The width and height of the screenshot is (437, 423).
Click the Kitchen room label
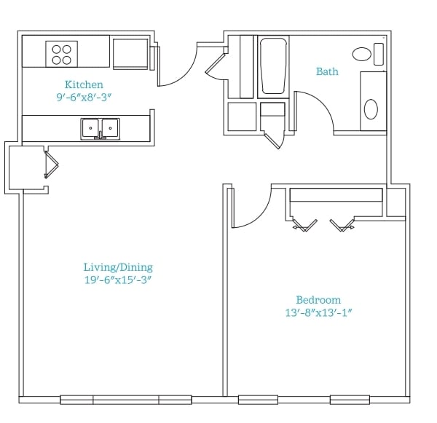pos(84,84)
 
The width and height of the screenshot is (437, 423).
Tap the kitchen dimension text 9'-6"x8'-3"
pos(84,98)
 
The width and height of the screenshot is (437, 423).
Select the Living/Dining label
pos(118,267)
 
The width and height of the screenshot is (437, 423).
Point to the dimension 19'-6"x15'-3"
pos(118,280)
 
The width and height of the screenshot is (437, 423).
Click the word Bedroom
pos(318,300)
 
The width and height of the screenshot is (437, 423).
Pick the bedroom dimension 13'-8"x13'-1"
pos(318,312)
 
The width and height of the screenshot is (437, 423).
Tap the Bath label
pos(327,71)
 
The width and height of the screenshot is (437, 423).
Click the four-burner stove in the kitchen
pos(62,54)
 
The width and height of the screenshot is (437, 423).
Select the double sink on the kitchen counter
pos(101,129)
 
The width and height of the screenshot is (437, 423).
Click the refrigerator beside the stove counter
pos(130,54)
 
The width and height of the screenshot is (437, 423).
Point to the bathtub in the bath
pos(273,66)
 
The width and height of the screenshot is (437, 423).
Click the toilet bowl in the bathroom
pos(362,54)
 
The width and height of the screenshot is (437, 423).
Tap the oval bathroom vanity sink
pos(371,109)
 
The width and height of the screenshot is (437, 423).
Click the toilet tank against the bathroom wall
pos(379,54)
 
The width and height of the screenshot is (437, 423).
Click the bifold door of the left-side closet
pos(51,165)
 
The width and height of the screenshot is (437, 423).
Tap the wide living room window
pos(126,400)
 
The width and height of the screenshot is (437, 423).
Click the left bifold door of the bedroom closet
pos(304,225)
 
